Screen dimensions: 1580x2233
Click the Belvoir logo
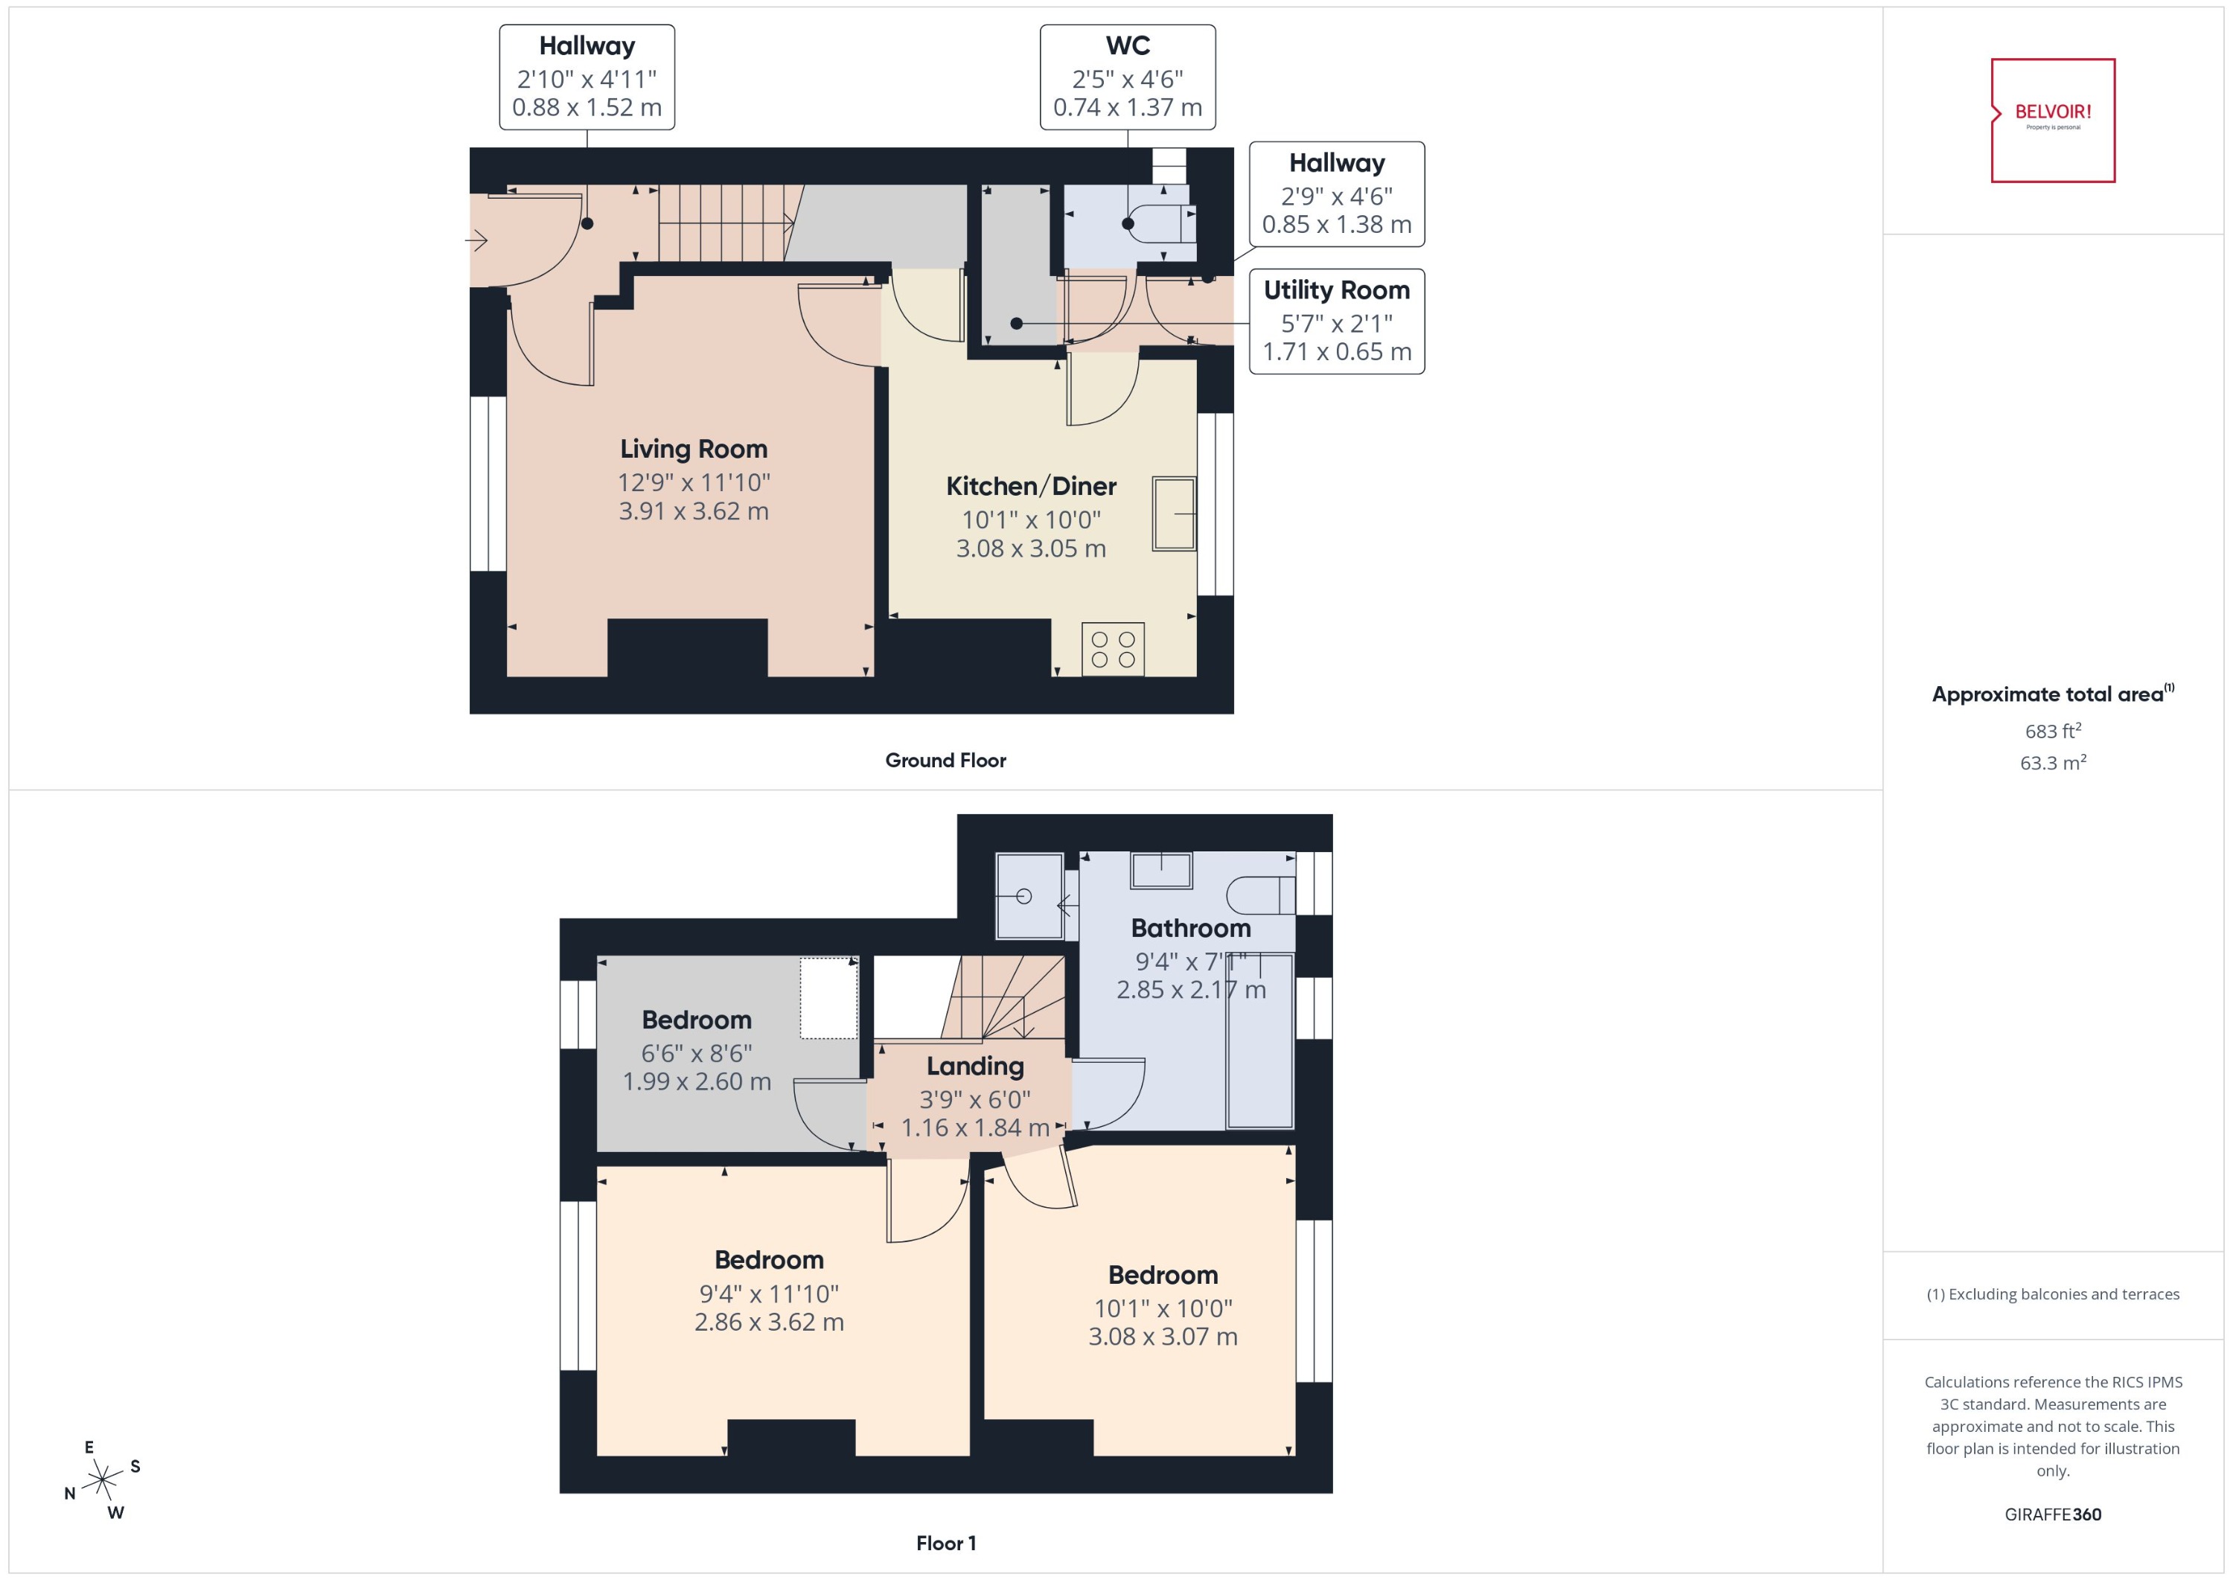(2052, 120)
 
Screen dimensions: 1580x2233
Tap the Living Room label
(694, 449)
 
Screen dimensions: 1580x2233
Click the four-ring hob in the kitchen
(1113, 649)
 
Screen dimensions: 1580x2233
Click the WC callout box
(1127, 77)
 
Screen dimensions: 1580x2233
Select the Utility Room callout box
(1336, 321)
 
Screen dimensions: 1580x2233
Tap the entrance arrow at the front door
(477, 238)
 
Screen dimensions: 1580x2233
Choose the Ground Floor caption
(945, 760)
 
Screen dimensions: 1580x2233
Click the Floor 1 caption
(945, 1543)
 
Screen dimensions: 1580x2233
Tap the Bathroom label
(1190, 928)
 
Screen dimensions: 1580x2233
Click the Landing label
(975, 1066)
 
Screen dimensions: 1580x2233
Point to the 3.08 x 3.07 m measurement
(1163, 1337)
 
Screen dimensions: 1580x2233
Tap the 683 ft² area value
(2052, 731)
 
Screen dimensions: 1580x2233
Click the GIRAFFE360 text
(2052, 1515)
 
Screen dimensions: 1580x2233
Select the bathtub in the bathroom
(1259, 1041)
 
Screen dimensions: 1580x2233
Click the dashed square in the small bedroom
(828, 998)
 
